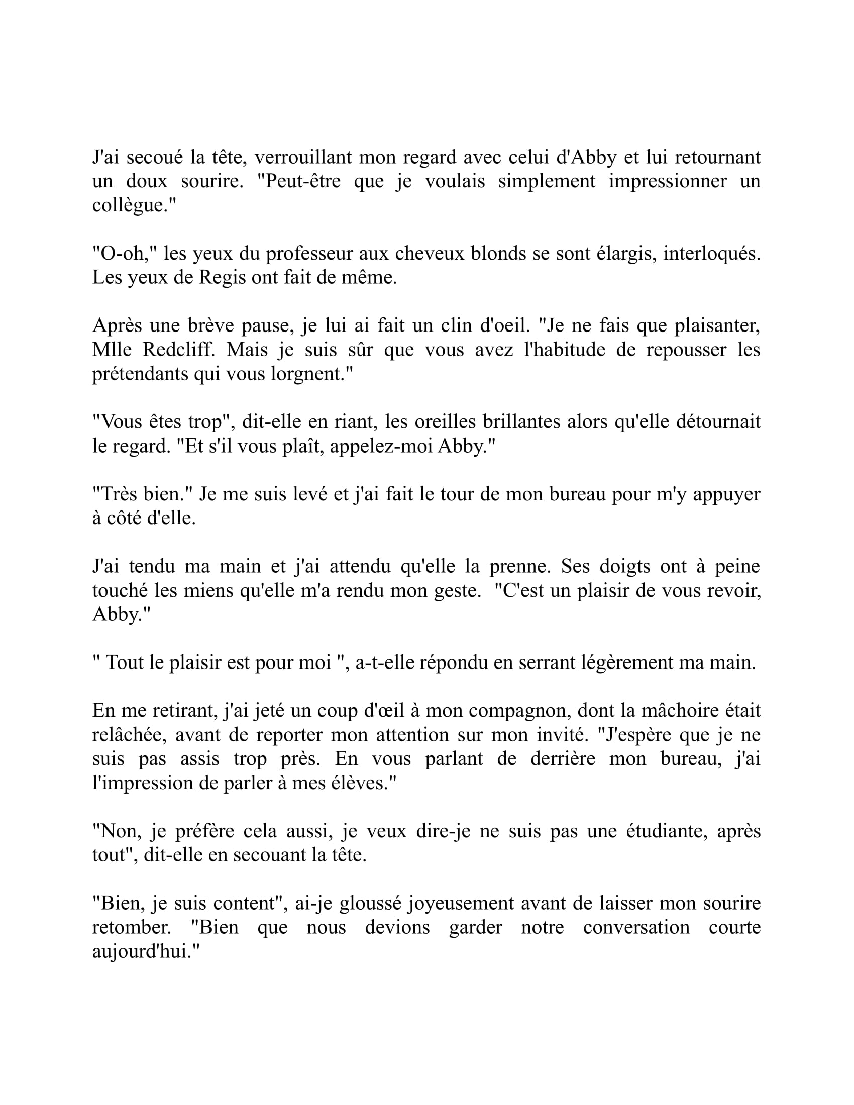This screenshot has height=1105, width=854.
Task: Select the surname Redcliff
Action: pyautogui.click(x=177, y=349)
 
